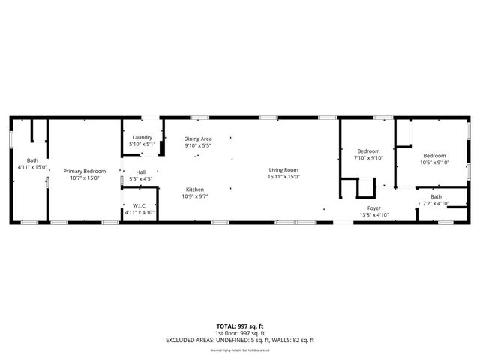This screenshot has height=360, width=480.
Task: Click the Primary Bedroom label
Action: click(84, 171)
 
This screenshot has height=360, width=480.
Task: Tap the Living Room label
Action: click(284, 170)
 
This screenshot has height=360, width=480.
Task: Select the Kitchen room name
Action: click(195, 190)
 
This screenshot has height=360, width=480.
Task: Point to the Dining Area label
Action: click(198, 139)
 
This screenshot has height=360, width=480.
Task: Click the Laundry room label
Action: click(142, 137)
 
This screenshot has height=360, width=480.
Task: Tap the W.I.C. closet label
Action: click(139, 205)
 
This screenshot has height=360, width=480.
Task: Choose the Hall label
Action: click(141, 172)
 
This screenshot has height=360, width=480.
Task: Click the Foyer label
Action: click(374, 208)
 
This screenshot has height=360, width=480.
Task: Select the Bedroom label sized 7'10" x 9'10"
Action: click(368, 151)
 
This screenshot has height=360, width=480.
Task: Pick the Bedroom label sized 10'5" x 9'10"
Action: click(433, 155)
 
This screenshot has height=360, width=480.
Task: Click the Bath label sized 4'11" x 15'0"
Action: click(32, 160)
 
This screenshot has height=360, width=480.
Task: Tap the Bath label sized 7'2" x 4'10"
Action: click(436, 196)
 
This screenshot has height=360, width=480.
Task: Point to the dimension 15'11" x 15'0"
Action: click(284, 177)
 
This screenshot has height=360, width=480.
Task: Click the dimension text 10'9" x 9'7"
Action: click(195, 196)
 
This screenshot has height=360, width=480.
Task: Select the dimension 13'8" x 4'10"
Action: click(374, 215)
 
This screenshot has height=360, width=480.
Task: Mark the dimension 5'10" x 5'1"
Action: click(142, 144)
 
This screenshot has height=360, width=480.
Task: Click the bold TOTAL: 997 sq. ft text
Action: click(240, 325)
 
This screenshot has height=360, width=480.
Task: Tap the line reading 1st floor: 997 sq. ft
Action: click(240, 332)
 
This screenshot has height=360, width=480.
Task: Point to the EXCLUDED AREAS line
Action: click(240, 340)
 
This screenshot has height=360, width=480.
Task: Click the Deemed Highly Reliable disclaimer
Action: click(240, 349)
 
